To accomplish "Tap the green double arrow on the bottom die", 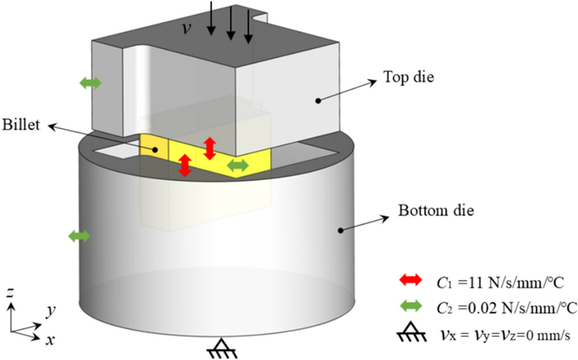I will click(x=79, y=236).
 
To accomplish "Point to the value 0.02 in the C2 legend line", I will click(x=482, y=307).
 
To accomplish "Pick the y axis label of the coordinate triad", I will click(x=50, y=311).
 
